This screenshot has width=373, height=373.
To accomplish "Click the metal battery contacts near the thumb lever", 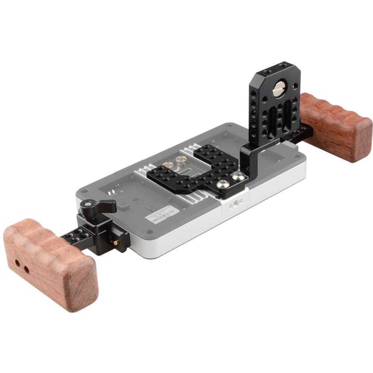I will [112, 192].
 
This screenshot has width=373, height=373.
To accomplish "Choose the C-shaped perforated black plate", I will [194, 170].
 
